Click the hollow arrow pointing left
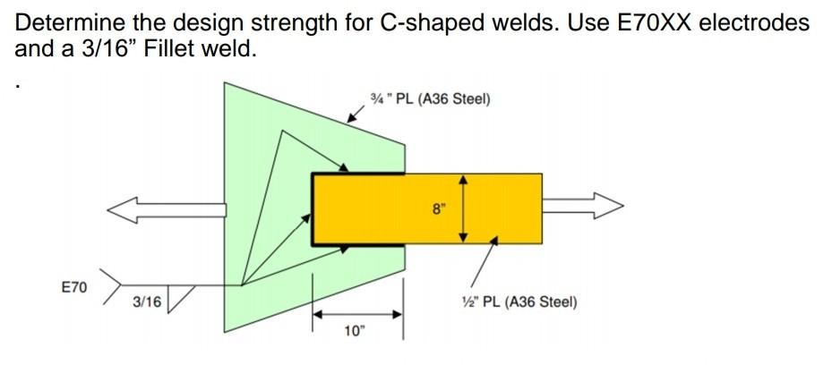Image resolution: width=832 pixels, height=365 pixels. tap(166, 209)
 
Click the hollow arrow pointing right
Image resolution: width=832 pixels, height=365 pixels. tap(582, 208)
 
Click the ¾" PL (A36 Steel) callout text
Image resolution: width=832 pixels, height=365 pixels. tap(430, 98)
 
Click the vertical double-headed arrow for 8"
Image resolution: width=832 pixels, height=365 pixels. tap(463, 208)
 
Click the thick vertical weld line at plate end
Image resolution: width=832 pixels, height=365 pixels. tap(313, 208)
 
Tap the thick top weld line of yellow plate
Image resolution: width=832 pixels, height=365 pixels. tap(357, 174)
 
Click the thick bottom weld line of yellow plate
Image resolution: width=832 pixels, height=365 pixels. tap(357, 243)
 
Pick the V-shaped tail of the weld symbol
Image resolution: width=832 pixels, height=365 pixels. tap(109, 286)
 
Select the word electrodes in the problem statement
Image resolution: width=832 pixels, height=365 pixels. tap(754, 23)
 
